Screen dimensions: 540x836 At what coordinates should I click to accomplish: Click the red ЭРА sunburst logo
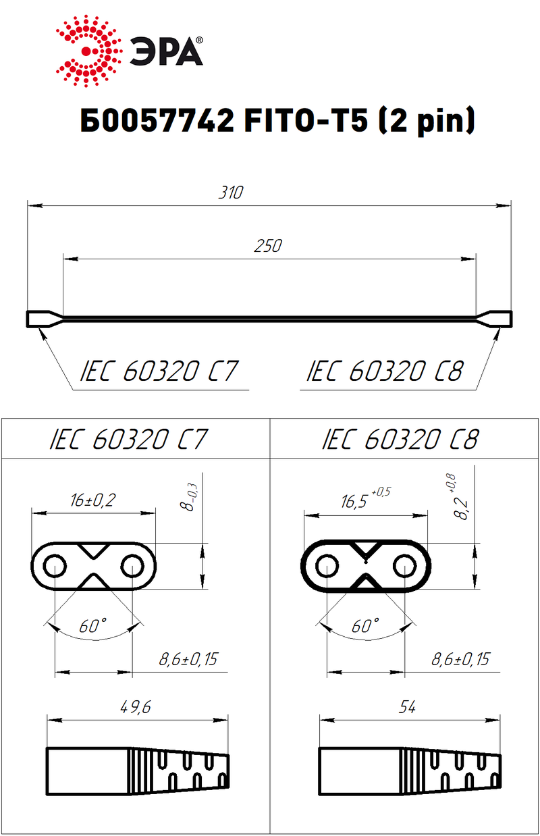[89, 51]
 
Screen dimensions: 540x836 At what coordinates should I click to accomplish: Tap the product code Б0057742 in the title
[157, 121]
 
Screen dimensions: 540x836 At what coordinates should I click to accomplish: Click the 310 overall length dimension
[231, 192]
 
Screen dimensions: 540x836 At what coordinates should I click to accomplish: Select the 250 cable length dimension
[268, 246]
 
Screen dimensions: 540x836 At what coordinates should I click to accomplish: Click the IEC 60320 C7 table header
[129, 439]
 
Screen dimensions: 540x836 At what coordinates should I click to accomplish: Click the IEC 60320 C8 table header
[400, 439]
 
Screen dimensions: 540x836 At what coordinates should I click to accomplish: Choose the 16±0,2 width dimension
[93, 500]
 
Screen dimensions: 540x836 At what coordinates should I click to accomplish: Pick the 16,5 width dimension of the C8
[366, 499]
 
